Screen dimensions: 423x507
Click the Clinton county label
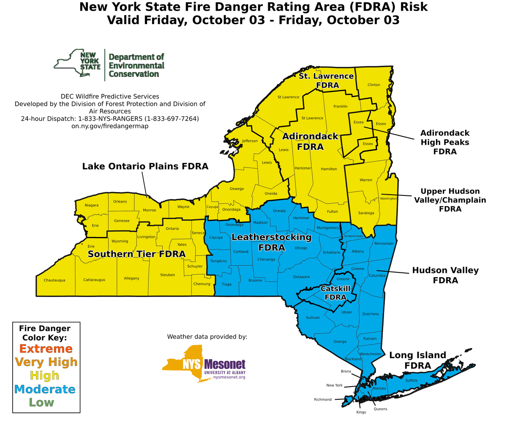coord(373,85)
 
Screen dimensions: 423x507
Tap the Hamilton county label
coord(329,169)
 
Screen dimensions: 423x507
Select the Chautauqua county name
coord(55,280)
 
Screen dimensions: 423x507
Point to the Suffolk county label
coord(411,380)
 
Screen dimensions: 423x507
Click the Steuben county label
coord(167,275)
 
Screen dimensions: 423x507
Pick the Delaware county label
coord(301,277)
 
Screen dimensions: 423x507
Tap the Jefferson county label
coord(249,141)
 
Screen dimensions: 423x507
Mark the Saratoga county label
coord(366,213)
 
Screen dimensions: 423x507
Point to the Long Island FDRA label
coord(417,360)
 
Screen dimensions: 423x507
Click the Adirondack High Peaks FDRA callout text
coord(444,142)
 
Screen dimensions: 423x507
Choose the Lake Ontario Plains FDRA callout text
coord(145,166)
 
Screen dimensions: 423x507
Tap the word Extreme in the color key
coord(46,349)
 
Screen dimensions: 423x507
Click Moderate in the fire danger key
coord(44,389)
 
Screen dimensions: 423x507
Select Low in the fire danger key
coord(41,402)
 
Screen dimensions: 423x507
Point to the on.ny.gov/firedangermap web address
coord(110,126)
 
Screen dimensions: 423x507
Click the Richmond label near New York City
coord(322,399)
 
